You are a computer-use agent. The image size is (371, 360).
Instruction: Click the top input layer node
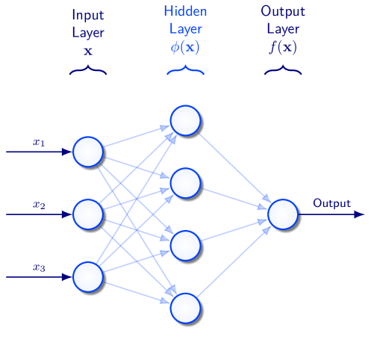[x=87, y=152]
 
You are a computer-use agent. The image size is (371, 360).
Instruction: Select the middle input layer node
[x=87, y=214]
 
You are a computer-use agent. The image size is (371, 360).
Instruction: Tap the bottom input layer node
[x=87, y=276]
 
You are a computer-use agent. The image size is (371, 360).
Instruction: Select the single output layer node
[x=282, y=214]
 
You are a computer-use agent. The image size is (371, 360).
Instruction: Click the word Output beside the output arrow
[x=331, y=203]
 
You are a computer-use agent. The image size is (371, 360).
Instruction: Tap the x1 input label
[x=39, y=142]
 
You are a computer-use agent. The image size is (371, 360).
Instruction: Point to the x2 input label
[x=39, y=204]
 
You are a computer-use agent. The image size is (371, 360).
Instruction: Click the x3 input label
[x=39, y=267]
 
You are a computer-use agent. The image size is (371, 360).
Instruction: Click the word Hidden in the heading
[x=185, y=12]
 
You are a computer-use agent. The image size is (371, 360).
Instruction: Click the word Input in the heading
[x=87, y=14]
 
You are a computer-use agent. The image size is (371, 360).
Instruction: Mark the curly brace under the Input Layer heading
[x=87, y=72]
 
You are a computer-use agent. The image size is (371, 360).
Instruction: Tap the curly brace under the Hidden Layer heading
[x=185, y=72]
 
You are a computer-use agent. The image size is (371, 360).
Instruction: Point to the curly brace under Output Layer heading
[x=282, y=72]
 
